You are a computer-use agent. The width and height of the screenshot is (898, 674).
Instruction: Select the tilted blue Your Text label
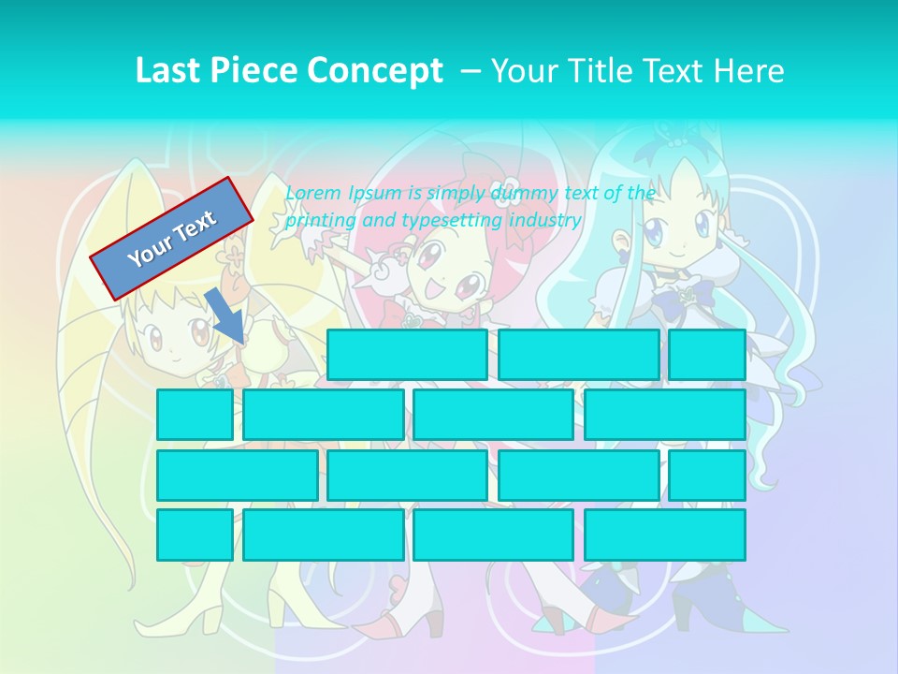(x=172, y=238)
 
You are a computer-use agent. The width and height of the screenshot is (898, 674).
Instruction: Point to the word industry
(x=544, y=221)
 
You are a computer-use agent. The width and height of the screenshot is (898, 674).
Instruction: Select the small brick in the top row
(x=706, y=355)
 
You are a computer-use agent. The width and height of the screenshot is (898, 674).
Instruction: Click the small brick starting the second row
(x=195, y=415)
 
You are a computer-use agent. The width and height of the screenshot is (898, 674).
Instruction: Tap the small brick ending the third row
(x=706, y=475)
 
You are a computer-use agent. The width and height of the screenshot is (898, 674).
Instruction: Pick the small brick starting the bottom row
(x=195, y=535)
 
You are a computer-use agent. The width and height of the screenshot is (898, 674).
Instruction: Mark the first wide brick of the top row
(x=407, y=355)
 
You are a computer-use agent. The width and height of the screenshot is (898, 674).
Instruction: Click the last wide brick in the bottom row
(x=664, y=535)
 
